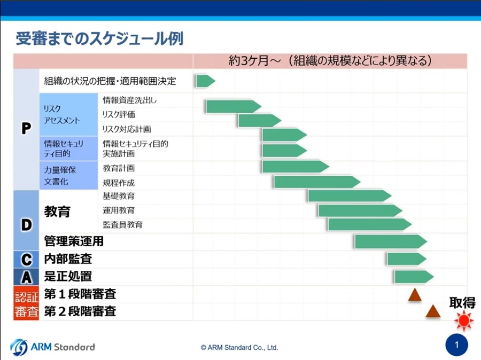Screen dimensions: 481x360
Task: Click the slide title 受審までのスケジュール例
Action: [x=99, y=38]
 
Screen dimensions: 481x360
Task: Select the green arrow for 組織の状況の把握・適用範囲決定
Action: [x=206, y=81]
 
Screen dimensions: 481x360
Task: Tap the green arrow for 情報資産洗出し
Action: [x=234, y=106]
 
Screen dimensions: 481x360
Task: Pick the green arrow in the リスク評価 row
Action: [x=260, y=121]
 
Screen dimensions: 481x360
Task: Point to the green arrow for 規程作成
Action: [x=317, y=182]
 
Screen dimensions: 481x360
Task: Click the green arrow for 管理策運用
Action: [x=391, y=241]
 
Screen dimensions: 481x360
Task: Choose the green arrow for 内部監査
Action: [x=407, y=259]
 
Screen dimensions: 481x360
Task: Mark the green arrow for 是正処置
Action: [x=414, y=277]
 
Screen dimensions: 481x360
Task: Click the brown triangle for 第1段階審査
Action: [x=415, y=295]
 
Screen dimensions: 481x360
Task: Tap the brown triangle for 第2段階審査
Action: [x=433, y=311]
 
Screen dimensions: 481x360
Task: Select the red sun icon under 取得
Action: [x=463, y=320]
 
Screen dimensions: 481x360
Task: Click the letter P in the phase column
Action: [x=26, y=128]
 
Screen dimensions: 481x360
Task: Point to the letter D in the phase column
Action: [x=26, y=225]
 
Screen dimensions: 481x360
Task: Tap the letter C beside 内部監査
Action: [x=26, y=260]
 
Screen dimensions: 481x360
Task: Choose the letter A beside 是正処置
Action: [x=26, y=277]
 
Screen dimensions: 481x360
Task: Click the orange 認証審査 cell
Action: [x=26, y=303]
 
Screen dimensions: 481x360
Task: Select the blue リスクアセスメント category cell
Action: [x=68, y=114]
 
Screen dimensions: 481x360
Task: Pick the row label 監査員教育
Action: [x=123, y=225]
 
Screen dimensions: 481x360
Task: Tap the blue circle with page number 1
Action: [x=457, y=345]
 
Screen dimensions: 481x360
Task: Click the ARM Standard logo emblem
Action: [x=19, y=347]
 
